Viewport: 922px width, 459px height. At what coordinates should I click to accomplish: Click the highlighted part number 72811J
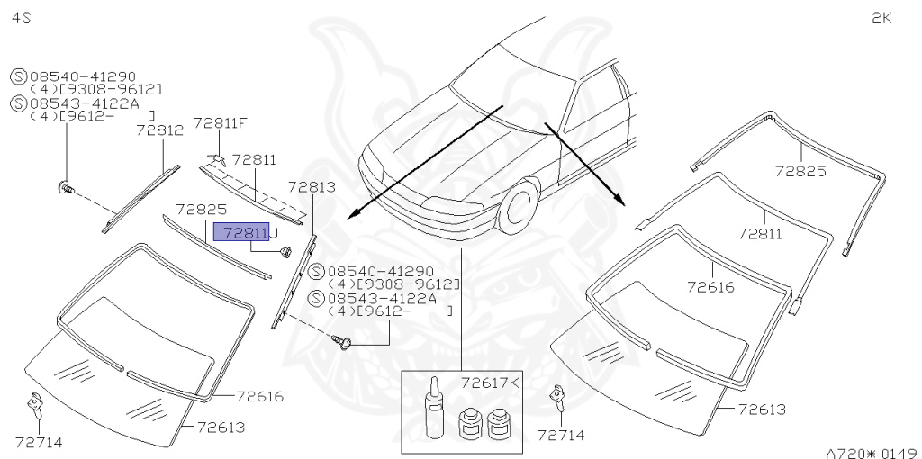point(245,232)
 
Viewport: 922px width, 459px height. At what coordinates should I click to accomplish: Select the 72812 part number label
point(159,130)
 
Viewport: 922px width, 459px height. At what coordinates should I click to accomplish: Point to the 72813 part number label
point(312,187)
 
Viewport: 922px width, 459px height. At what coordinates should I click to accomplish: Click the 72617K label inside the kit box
point(491,382)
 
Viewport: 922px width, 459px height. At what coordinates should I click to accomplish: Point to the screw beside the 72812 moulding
point(66,187)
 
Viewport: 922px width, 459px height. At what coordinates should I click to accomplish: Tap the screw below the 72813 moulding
point(343,342)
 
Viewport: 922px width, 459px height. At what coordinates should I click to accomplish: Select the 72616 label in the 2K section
point(711,287)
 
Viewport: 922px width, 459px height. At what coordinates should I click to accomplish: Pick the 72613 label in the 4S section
point(221,427)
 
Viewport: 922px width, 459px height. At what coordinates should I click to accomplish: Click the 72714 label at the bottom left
point(39,441)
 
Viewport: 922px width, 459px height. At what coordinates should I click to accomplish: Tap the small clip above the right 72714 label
point(559,397)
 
